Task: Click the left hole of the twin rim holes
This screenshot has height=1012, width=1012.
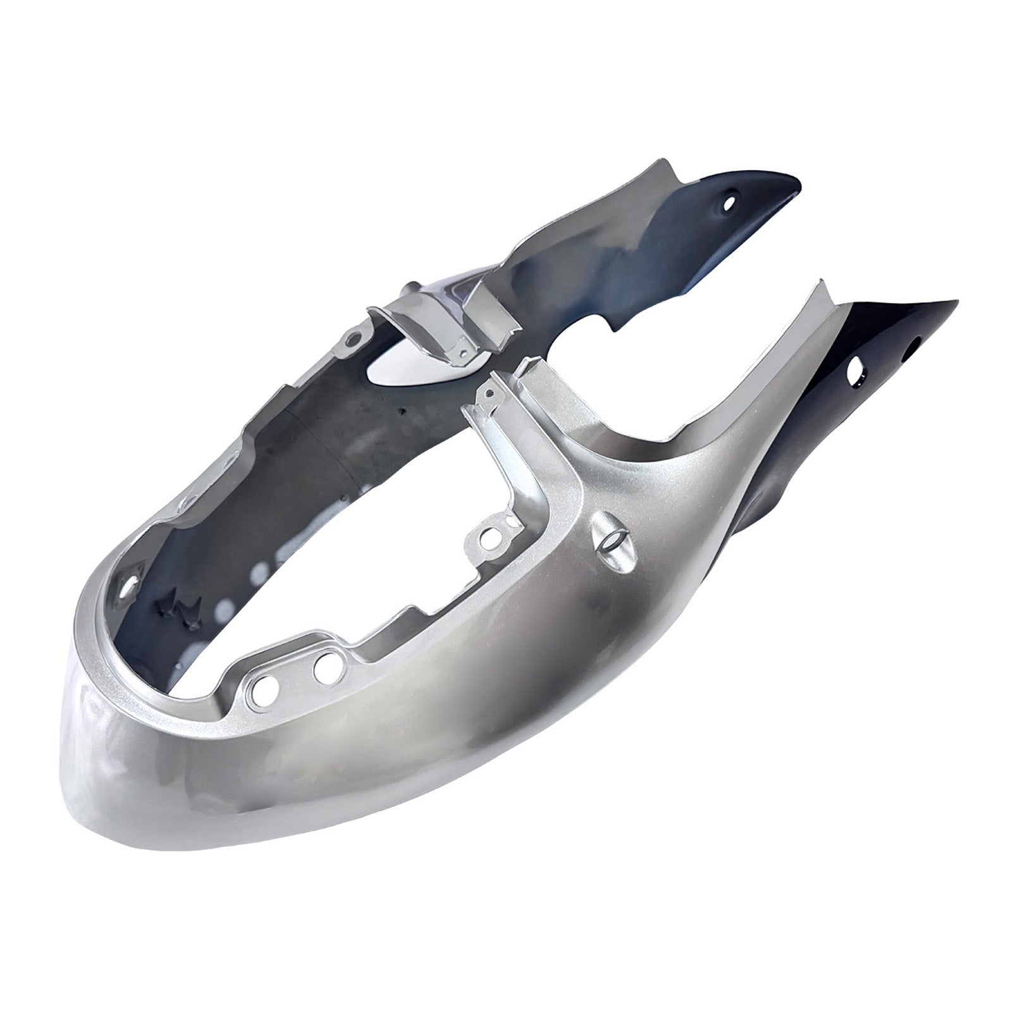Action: tap(261, 685)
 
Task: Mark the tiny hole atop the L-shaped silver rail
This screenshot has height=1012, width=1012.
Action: tap(488, 393)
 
